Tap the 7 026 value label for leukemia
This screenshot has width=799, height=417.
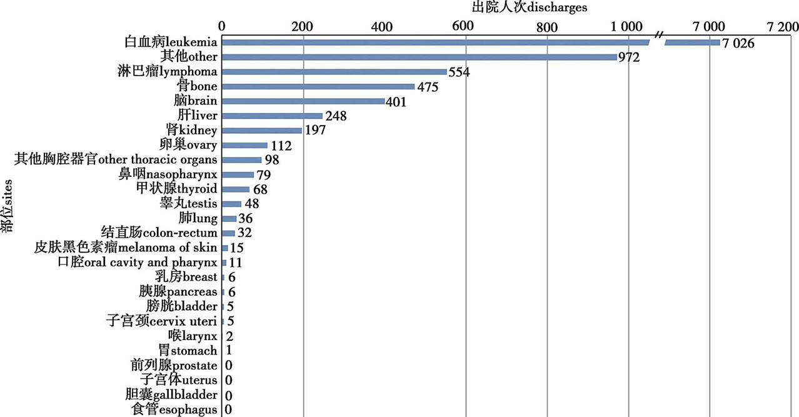tap(739, 43)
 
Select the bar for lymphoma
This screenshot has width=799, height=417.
tap(334, 72)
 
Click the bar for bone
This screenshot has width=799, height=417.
tap(318, 86)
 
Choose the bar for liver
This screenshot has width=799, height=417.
tap(272, 116)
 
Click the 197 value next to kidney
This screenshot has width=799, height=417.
tap(315, 131)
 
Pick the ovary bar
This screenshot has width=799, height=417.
tap(244, 145)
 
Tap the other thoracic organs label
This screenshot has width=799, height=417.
tap(116, 160)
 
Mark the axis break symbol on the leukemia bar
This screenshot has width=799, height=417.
tap(657, 42)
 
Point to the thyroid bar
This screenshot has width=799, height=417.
tap(236, 189)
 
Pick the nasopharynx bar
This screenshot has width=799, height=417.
tap(238, 174)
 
